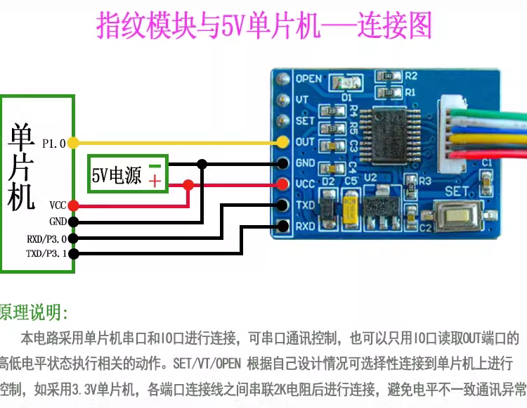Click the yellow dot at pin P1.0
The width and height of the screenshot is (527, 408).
point(73,143)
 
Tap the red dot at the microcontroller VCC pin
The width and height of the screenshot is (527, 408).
point(73,205)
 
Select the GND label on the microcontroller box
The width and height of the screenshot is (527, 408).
point(58,222)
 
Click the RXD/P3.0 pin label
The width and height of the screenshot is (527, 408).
point(46,238)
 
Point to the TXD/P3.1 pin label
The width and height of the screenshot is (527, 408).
point(46,254)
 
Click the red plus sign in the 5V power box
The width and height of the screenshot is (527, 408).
point(155,181)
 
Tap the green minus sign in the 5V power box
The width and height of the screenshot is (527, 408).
point(155,167)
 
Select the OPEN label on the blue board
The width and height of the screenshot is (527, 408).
point(308,78)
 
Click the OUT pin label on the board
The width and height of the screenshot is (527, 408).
point(305,141)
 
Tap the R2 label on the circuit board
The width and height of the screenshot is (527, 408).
point(411,76)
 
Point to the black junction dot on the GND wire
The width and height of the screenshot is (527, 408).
point(202,164)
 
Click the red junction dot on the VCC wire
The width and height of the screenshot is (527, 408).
point(188,185)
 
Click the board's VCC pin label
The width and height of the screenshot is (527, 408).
point(305,184)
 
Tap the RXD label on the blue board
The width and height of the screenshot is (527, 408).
point(305,227)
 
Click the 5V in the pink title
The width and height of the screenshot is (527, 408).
point(232,27)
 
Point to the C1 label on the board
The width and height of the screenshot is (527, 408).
point(486,162)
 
